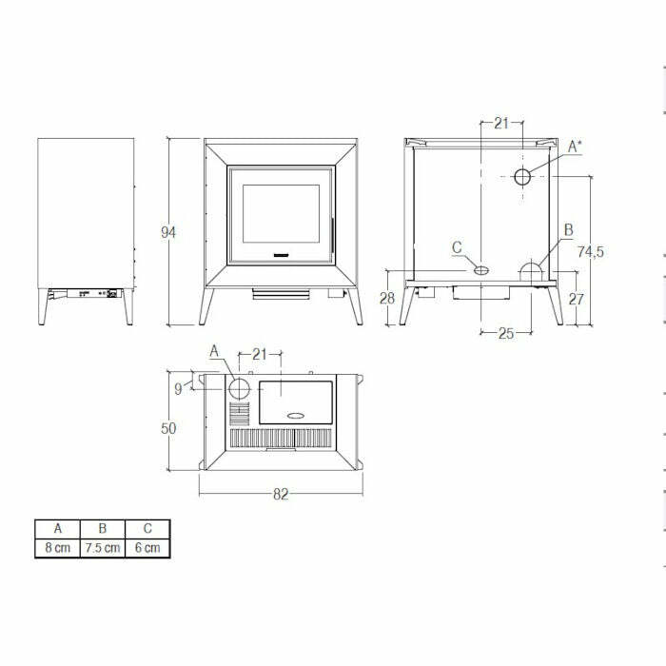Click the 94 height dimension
coord(168,232)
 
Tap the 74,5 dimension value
coord(591,251)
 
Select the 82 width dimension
coord(281,494)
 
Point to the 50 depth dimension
coord(168,428)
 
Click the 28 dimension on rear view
coord(387,298)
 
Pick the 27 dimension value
coord(576,298)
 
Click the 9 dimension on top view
coord(178,387)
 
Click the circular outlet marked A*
coord(523,176)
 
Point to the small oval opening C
coord(481,270)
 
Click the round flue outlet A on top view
coord(240,388)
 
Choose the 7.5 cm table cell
coord(102,548)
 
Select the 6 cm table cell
coord(147,548)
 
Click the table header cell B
coord(102,528)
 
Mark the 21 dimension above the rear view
coord(501,123)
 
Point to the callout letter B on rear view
coord(568,229)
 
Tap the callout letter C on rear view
coord(457,248)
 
